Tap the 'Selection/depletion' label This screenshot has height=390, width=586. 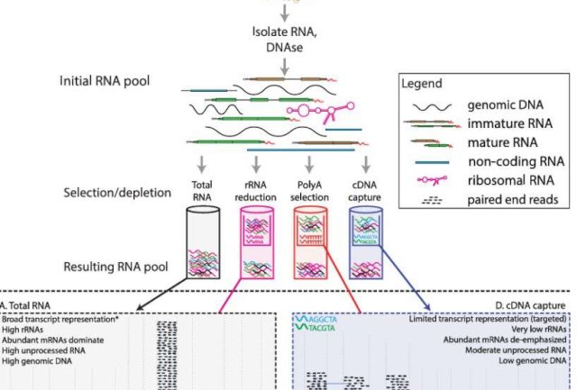118,193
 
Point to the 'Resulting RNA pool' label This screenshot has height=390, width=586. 118,268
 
